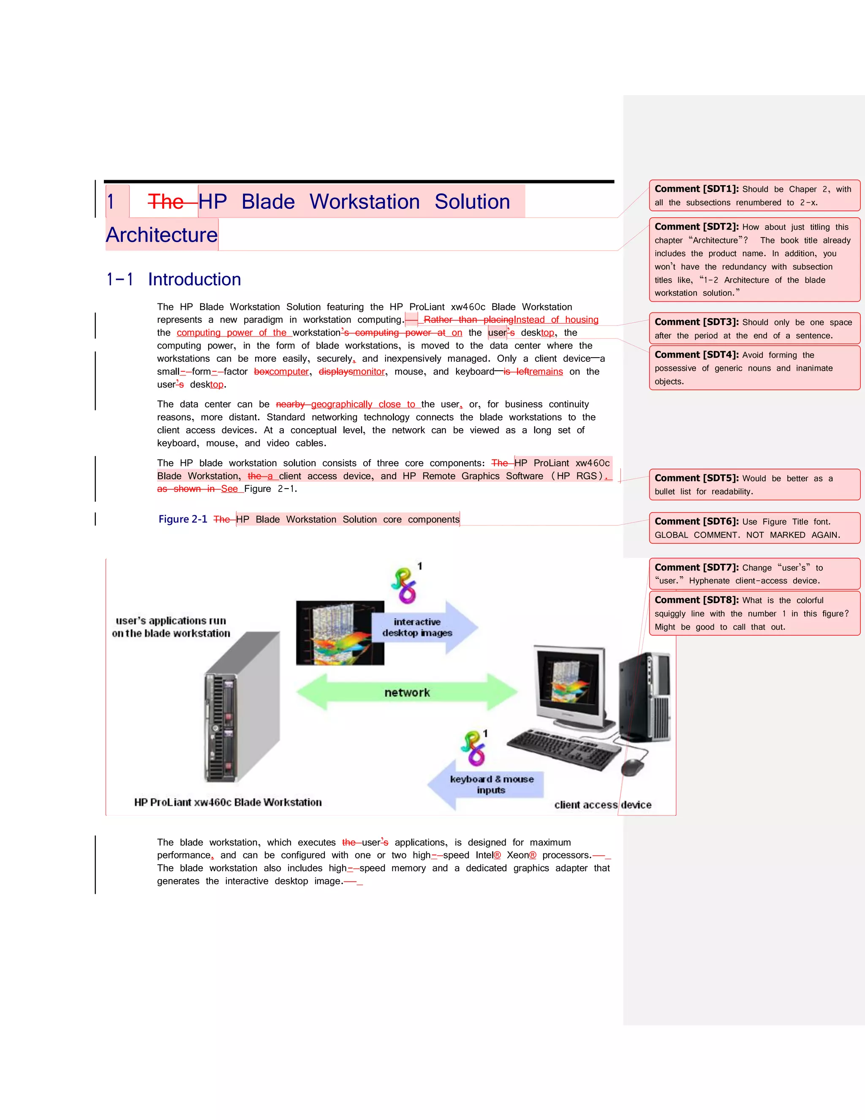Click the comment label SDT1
pos(696,189)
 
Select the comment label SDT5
pos(696,478)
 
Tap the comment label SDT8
pos(696,601)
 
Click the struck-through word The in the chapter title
pos(165,202)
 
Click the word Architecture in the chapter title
pos(162,235)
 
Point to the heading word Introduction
pos(194,279)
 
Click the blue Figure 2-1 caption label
pos(182,519)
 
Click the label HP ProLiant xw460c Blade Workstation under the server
pos(228,803)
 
